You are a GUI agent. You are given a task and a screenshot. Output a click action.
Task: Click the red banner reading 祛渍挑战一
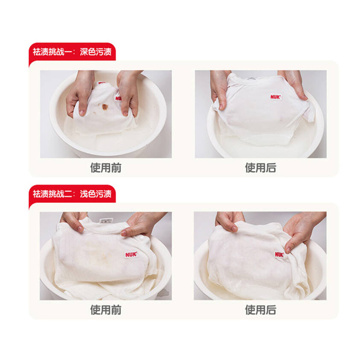(72, 52)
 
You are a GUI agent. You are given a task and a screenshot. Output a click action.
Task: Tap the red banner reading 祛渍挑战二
(72, 194)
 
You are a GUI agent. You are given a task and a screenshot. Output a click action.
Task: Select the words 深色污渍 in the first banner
(95, 52)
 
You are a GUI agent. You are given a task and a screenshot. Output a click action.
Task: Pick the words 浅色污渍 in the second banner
(95, 194)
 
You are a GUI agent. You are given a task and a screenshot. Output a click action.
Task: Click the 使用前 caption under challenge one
(106, 167)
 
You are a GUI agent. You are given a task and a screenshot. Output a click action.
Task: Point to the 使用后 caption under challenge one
(261, 167)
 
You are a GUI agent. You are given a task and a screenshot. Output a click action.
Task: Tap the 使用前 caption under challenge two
(106, 310)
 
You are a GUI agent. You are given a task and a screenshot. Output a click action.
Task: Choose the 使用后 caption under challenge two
(261, 310)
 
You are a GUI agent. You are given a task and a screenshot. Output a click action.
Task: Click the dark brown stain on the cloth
(105, 107)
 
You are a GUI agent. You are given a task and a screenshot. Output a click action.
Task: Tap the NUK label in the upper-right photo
(275, 97)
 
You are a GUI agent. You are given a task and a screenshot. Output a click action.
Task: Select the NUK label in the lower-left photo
(131, 254)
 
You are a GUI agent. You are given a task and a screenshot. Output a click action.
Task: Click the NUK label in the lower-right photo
(279, 254)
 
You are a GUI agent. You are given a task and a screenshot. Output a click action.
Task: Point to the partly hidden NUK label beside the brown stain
(118, 98)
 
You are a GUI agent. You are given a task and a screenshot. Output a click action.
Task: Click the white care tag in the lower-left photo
(106, 220)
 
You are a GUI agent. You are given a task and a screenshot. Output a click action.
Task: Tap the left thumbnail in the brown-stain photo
(82, 113)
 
